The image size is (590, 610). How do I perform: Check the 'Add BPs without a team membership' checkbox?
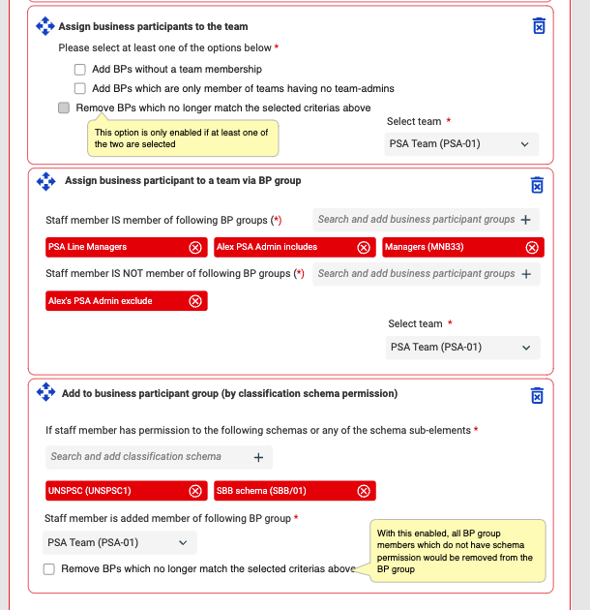point(80,70)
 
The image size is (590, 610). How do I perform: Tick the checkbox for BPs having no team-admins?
point(80,89)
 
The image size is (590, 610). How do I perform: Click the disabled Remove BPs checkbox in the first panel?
point(64,108)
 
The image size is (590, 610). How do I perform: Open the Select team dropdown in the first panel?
point(461,144)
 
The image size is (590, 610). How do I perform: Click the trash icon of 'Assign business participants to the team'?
point(539,26)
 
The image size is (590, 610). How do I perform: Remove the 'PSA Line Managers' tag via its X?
point(195,248)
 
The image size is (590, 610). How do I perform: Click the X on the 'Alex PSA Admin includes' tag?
point(364,248)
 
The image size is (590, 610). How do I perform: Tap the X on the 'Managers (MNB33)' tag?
point(531,248)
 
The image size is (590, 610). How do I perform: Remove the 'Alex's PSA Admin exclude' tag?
point(195,301)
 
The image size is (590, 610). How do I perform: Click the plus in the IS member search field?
point(526,220)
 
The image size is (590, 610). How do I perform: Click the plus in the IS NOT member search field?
point(526,274)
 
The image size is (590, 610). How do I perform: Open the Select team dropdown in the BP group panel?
point(462,348)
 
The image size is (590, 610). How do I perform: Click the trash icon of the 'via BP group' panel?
point(537,185)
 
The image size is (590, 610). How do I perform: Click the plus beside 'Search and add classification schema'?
point(258,457)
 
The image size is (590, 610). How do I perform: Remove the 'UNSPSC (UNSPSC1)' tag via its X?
point(195,491)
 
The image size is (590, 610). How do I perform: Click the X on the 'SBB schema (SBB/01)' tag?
point(364,491)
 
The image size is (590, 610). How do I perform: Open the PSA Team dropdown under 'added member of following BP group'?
point(120,543)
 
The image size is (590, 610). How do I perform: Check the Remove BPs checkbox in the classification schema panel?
point(49,569)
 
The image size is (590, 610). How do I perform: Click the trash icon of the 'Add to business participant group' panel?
point(537,396)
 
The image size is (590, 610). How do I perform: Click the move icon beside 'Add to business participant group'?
point(44,392)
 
